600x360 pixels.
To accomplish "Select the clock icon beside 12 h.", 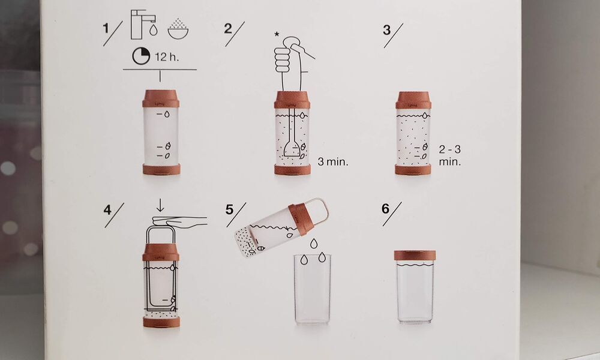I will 141,57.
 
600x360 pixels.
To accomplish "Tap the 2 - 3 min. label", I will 450,155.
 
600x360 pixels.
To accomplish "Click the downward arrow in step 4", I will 160,206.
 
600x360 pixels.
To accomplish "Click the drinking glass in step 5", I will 313,288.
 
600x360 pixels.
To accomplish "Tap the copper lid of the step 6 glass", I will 415,255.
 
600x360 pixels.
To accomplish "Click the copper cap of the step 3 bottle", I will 413,100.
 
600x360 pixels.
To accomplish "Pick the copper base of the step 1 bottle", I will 161,169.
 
